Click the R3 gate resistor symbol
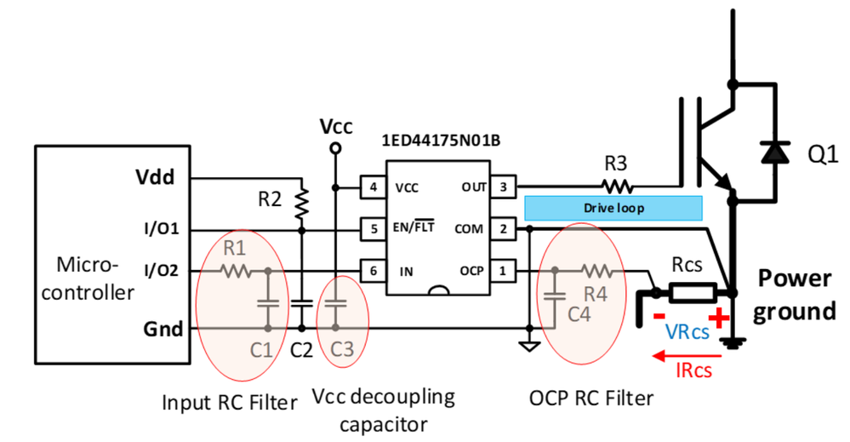(x=619, y=186)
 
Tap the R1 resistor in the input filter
(x=236, y=272)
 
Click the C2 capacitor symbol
(x=300, y=302)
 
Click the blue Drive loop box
(x=613, y=208)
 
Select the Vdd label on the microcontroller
(x=155, y=179)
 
